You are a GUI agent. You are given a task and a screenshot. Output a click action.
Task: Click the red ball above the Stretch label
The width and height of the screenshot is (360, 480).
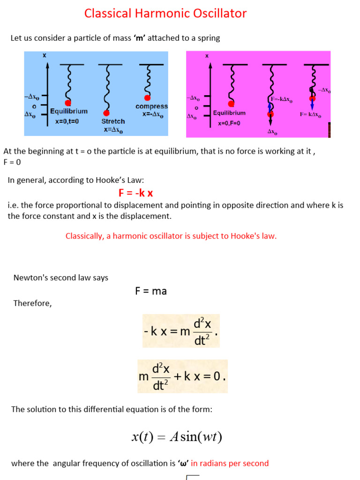point(106,113)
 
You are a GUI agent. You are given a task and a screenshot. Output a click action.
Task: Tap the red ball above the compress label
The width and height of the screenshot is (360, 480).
point(147,97)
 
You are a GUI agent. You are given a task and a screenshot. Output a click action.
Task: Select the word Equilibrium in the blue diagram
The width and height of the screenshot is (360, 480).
point(69,112)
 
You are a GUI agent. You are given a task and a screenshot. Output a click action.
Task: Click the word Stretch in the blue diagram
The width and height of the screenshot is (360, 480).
point(113,121)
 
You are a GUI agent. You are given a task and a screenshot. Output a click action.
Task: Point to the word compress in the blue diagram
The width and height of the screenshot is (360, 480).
point(151,106)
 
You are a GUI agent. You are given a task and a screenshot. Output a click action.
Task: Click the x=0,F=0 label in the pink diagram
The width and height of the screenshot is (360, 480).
point(229,123)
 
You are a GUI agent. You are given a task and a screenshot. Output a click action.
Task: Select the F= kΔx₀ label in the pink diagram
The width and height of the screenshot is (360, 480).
point(310,114)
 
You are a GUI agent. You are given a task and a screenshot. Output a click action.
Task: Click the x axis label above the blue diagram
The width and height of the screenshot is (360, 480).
point(45,55)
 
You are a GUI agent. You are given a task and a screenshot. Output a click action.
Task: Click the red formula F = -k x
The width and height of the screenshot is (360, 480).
point(136,193)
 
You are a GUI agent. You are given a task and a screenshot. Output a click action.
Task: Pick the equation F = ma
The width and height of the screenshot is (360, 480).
point(150,291)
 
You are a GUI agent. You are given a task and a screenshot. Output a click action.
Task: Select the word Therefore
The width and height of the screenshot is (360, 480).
point(32,303)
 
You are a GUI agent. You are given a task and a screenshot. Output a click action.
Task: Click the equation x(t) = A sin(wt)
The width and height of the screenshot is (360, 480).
point(177,437)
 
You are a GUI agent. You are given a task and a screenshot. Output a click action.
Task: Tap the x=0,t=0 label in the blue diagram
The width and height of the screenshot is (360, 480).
point(67,121)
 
